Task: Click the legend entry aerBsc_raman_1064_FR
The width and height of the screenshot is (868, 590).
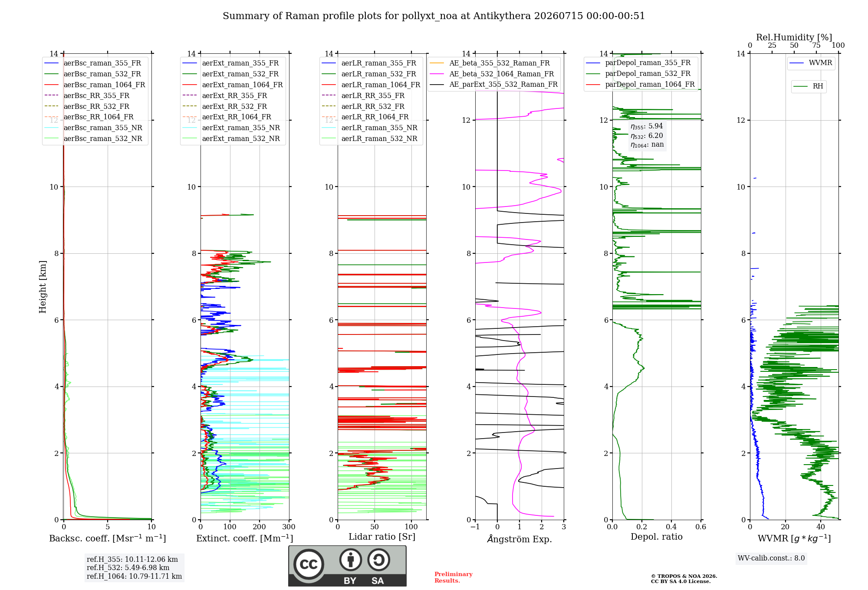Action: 95,85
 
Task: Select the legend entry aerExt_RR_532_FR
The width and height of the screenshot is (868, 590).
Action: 225,106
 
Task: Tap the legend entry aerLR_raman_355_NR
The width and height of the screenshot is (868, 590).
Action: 369,128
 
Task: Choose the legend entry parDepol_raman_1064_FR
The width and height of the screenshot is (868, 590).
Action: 640,84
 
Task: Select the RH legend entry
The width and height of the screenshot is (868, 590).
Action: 808,86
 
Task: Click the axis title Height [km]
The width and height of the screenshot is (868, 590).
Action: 43,287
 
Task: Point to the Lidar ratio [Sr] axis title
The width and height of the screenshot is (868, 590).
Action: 382,537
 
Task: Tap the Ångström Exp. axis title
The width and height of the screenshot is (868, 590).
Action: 519,539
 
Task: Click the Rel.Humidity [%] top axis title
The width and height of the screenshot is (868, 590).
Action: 794,37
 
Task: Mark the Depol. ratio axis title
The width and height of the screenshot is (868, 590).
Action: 657,537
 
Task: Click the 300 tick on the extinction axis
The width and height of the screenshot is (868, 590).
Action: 289,527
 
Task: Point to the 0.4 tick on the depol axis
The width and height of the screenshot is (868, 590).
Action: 671,527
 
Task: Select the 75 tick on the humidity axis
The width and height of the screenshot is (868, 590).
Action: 816,46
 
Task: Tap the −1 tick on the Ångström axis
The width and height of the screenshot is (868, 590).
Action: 475,527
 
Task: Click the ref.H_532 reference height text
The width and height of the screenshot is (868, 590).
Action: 128,567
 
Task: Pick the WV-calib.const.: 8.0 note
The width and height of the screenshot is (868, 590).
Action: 771,558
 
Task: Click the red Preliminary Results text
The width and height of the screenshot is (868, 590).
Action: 454,577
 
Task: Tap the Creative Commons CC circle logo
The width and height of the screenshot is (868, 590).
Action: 309,564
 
